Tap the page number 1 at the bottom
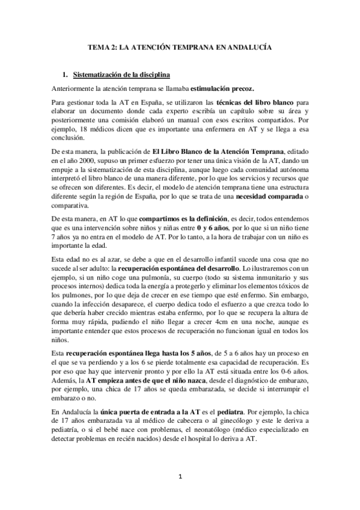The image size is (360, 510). (x=180, y=477)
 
